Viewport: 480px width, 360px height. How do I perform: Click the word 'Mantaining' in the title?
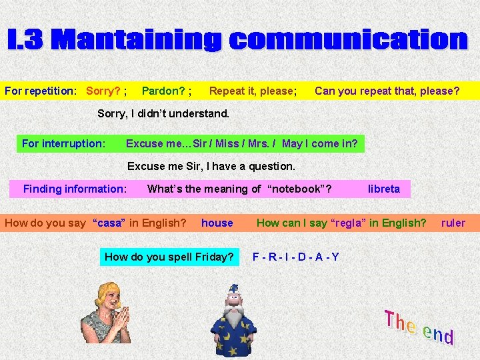[137, 40]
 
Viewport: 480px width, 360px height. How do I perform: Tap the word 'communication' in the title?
[348, 40]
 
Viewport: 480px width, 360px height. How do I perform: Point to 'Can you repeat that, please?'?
[387, 91]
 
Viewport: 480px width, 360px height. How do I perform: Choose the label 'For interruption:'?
[63, 143]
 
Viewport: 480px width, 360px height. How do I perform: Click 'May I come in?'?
[320, 143]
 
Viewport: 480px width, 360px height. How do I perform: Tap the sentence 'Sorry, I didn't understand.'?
[163, 113]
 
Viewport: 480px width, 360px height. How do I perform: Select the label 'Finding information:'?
[75, 189]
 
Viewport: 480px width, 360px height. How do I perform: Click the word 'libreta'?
[384, 189]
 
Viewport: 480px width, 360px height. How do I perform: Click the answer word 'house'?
[217, 223]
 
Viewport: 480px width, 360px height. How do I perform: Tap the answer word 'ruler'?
[453, 223]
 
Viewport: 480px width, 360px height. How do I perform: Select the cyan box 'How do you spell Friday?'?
[169, 257]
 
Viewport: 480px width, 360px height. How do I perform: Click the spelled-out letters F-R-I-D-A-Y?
[296, 257]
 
